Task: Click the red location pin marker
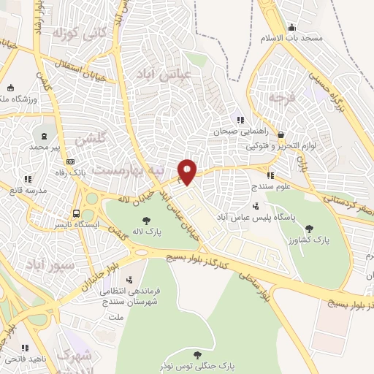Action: point(188,171)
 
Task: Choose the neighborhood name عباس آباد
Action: point(176,73)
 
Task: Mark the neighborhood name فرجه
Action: point(280,97)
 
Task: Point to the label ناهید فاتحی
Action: point(28,358)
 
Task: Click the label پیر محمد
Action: point(46,146)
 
